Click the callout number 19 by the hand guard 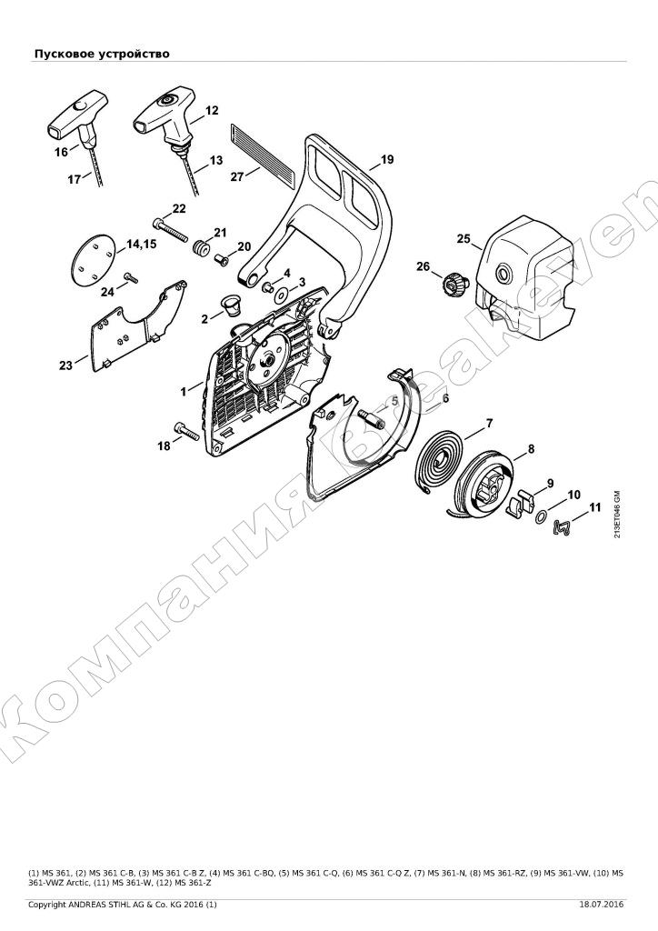(x=387, y=159)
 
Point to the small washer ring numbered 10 (x=541, y=517)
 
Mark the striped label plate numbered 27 (x=262, y=153)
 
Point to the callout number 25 (x=464, y=239)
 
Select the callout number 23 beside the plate (x=65, y=365)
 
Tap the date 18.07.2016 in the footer (x=602, y=905)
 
